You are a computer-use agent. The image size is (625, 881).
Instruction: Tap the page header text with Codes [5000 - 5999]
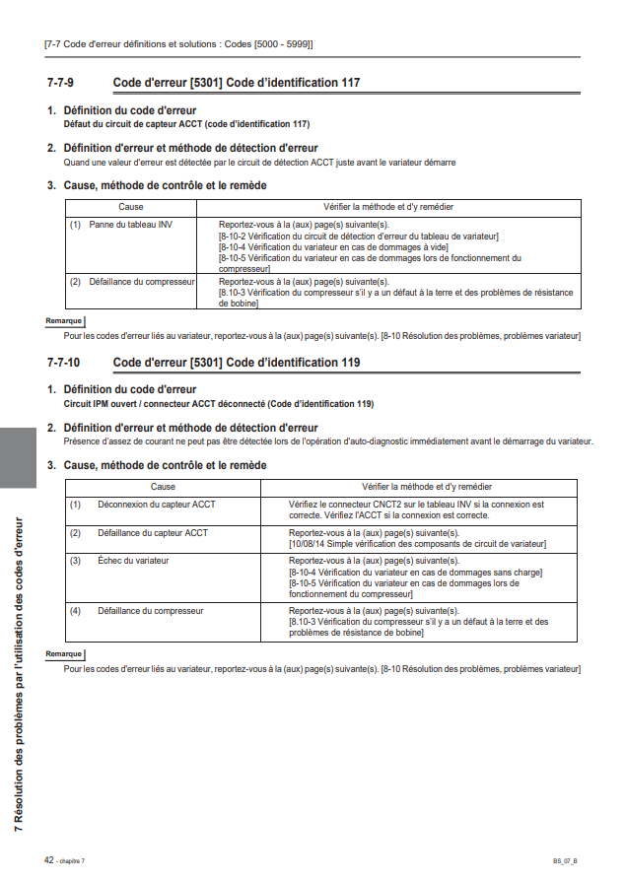coord(178,44)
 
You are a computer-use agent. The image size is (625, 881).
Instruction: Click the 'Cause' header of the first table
coord(130,207)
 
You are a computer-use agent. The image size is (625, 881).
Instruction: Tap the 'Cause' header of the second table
coord(164,487)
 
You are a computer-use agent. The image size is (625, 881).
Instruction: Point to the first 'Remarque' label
coord(64,321)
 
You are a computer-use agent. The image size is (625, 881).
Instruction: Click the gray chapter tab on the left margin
coord(18,457)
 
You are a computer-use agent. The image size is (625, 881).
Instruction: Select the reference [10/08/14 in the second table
coord(309,543)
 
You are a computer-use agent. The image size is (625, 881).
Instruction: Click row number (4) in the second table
coord(75,611)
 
